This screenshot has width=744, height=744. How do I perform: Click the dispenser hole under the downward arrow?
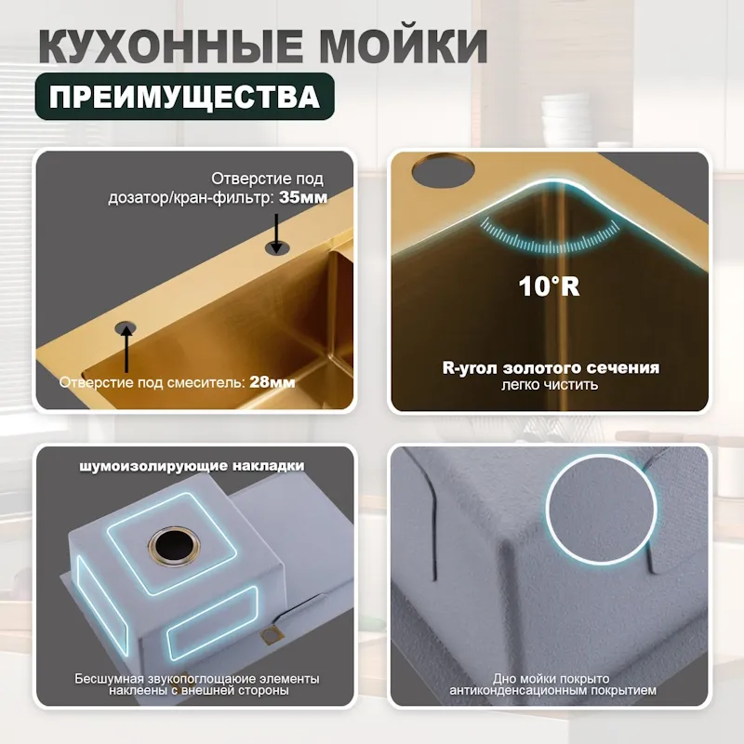[275, 246]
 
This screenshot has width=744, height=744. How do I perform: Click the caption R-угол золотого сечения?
[551, 367]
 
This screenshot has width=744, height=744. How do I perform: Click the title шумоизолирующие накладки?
[193, 465]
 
